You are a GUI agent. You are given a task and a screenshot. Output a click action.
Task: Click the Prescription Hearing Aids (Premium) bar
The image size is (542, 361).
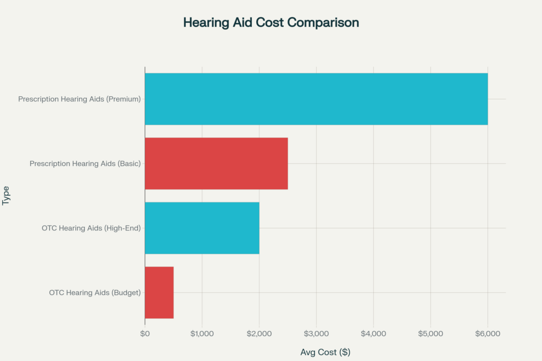(316, 99)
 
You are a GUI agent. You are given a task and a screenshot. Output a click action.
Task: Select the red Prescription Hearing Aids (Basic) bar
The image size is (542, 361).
(216, 163)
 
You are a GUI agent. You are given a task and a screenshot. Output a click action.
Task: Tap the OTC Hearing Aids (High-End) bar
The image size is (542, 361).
(202, 228)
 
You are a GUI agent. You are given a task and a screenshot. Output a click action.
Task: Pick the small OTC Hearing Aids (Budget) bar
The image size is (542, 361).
(159, 292)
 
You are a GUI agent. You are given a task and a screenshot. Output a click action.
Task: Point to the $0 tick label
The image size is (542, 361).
(144, 334)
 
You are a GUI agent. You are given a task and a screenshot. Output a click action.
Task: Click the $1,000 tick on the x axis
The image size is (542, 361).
(202, 334)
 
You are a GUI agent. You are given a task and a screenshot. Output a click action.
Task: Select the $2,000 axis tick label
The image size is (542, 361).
(259, 334)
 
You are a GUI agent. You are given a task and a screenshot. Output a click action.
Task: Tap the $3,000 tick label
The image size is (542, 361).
(316, 334)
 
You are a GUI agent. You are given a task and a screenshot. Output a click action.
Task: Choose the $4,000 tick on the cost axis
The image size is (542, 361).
(373, 334)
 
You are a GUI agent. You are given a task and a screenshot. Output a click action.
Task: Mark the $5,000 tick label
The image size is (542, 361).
(430, 334)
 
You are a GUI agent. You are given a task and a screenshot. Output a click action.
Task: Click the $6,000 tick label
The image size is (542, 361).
(487, 334)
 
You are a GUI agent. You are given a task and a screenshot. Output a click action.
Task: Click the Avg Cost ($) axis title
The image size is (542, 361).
(325, 352)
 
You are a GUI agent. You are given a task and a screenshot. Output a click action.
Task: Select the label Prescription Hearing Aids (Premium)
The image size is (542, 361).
(79, 99)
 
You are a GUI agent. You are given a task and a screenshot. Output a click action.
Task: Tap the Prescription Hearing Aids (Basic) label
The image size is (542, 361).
(85, 163)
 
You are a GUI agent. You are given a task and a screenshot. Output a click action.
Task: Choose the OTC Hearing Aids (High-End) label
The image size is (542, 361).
(91, 228)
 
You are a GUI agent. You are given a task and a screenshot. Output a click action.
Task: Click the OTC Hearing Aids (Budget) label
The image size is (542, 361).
(95, 292)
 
